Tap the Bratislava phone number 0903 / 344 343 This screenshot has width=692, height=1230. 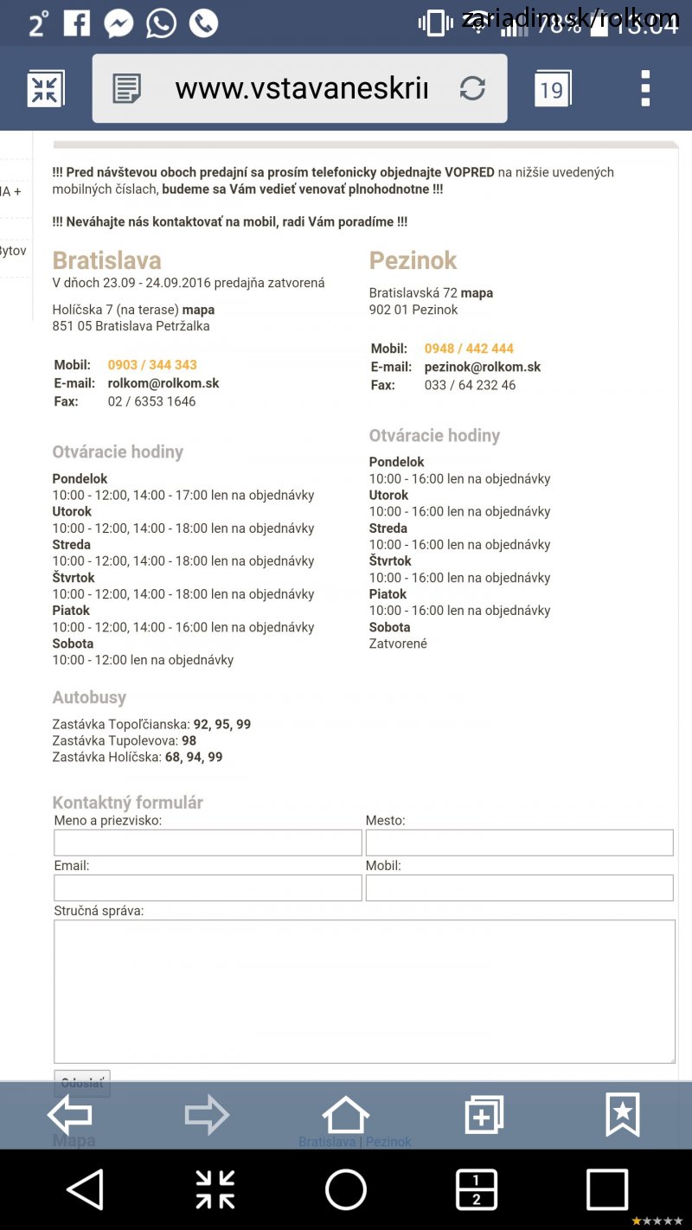point(152,365)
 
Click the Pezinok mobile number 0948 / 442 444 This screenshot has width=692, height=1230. point(469,349)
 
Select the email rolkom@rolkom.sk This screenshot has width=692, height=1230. point(163,383)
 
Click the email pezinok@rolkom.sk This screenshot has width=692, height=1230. point(483,367)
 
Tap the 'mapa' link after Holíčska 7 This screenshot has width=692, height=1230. point(199,310)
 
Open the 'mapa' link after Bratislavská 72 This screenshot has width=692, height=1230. point(477,293)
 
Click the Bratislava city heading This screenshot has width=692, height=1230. point(106,260)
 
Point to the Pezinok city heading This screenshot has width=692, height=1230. point(413,260)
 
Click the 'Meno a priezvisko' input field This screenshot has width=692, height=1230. point(208,842)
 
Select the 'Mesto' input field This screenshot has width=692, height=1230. point(519,842)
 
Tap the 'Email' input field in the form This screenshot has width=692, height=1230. point(208,887)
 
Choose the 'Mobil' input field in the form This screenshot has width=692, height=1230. point(519,887)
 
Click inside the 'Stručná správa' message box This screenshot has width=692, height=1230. point(364,991)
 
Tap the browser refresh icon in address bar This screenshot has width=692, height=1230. point(472,88)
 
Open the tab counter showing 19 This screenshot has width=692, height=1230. point(552,89)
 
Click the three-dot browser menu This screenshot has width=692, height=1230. point(645,88)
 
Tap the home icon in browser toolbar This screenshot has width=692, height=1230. point(346,1115)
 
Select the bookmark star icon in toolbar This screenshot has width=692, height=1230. point(623,1115)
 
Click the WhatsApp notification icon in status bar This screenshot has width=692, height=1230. point(161,23)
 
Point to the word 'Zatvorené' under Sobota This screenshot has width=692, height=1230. point(398,644)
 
